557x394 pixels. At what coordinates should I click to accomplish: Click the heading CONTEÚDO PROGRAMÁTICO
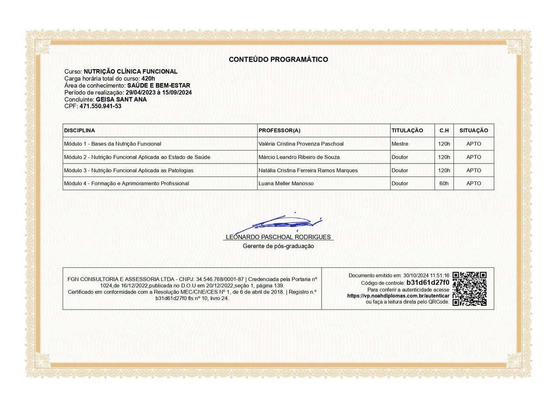(x=278, y=60)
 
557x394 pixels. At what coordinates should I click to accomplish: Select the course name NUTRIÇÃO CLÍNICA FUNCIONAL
(x=131, y=71)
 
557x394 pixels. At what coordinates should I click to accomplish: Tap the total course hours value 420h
(x=148, y=78)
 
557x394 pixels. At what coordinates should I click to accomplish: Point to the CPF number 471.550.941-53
(x=101, y=106)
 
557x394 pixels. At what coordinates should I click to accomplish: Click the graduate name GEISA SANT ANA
(x=121, y=99)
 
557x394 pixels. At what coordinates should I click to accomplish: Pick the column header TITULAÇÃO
(x=407, y=130)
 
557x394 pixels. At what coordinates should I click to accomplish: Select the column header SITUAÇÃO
(x=473, y=130)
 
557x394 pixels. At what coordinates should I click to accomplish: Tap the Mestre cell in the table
(x=400, y=144)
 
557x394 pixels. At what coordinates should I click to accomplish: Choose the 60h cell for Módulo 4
(x=444, y=184)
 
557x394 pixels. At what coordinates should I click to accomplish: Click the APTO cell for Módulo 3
(x=473, y=170)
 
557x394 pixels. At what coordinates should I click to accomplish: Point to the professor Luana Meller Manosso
(x=286, y=184)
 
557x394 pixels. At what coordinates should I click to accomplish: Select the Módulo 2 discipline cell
(x=137, y=157)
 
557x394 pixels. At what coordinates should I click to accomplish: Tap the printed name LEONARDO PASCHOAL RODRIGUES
(x=278, y=237)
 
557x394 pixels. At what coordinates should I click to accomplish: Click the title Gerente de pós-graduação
(x=278, y=246)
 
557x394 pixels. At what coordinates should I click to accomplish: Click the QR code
(x=469, y=289)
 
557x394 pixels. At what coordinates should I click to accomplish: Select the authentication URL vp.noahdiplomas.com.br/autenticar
(x=398, y=296)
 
